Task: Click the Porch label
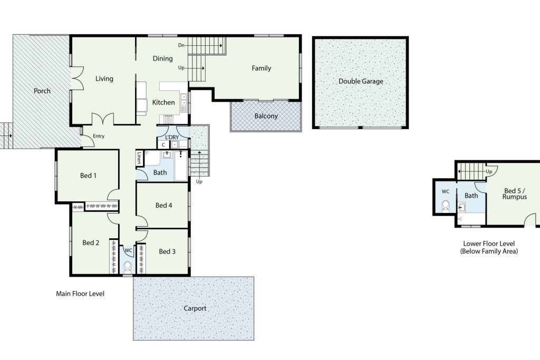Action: (42, 91)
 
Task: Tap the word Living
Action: (104, 79)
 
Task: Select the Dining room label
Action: (162, 59)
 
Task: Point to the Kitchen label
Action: (163, 102)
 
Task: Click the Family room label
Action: (262, 68)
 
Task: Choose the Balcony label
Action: (266, 116)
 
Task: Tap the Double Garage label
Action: (361, 81)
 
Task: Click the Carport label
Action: (195, 308)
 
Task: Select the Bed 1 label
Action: (88, 176)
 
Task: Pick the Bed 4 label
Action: (163, 206)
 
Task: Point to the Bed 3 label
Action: (167, 251)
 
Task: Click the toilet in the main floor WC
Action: (128, 267)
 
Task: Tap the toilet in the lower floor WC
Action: (446, 206)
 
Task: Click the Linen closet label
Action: (139, 158)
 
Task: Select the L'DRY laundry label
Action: (172, 138)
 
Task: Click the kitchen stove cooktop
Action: (168, 119)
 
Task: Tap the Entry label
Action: (99, 137)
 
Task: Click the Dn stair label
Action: (181, 45)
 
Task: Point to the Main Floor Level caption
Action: (80, 294)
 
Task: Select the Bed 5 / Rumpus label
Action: (515, 193)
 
